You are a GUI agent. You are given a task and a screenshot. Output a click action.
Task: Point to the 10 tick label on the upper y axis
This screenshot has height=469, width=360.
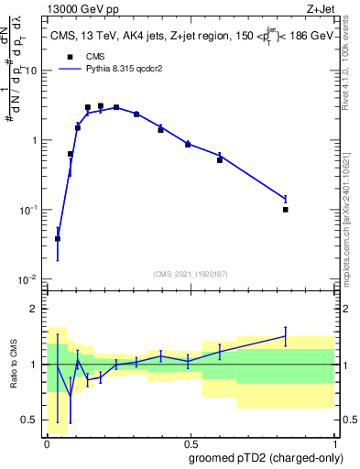point(31,71)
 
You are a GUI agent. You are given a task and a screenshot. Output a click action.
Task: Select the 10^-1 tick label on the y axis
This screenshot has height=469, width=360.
point(28,210)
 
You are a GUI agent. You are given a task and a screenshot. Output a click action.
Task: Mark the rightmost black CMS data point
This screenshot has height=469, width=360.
point(286,210)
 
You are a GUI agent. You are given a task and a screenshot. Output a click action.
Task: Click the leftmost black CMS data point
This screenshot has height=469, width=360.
point(58,238)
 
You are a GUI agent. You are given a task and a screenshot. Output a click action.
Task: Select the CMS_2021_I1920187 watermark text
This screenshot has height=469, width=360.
point(191,273)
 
